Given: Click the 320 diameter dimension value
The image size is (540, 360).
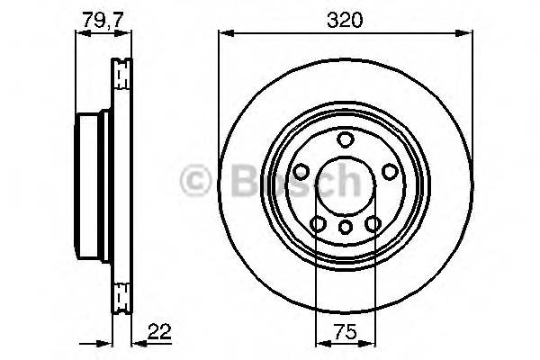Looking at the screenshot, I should [x=344, y=19].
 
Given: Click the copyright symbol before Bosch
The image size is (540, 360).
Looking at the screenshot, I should [x=195, y=181].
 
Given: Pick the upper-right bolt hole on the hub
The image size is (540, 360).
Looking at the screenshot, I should [x=389, y=171].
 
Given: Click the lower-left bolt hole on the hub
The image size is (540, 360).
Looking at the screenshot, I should [x=317, y=223].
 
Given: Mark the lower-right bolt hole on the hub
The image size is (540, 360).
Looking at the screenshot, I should [x=373, y=223].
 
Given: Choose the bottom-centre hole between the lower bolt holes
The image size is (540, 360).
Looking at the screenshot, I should [x=345, y=229].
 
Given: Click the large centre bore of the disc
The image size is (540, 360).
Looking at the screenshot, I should [x=345, y=184].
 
